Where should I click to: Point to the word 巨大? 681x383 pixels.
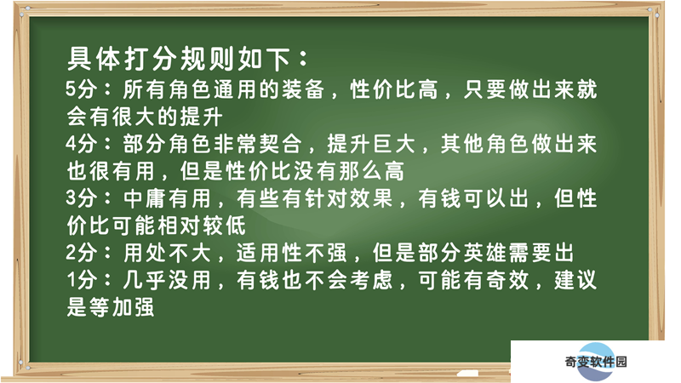394,144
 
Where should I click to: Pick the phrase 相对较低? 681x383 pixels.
201,226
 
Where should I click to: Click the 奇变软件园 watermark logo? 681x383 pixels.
595,361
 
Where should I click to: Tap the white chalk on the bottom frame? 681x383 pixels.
467,373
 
